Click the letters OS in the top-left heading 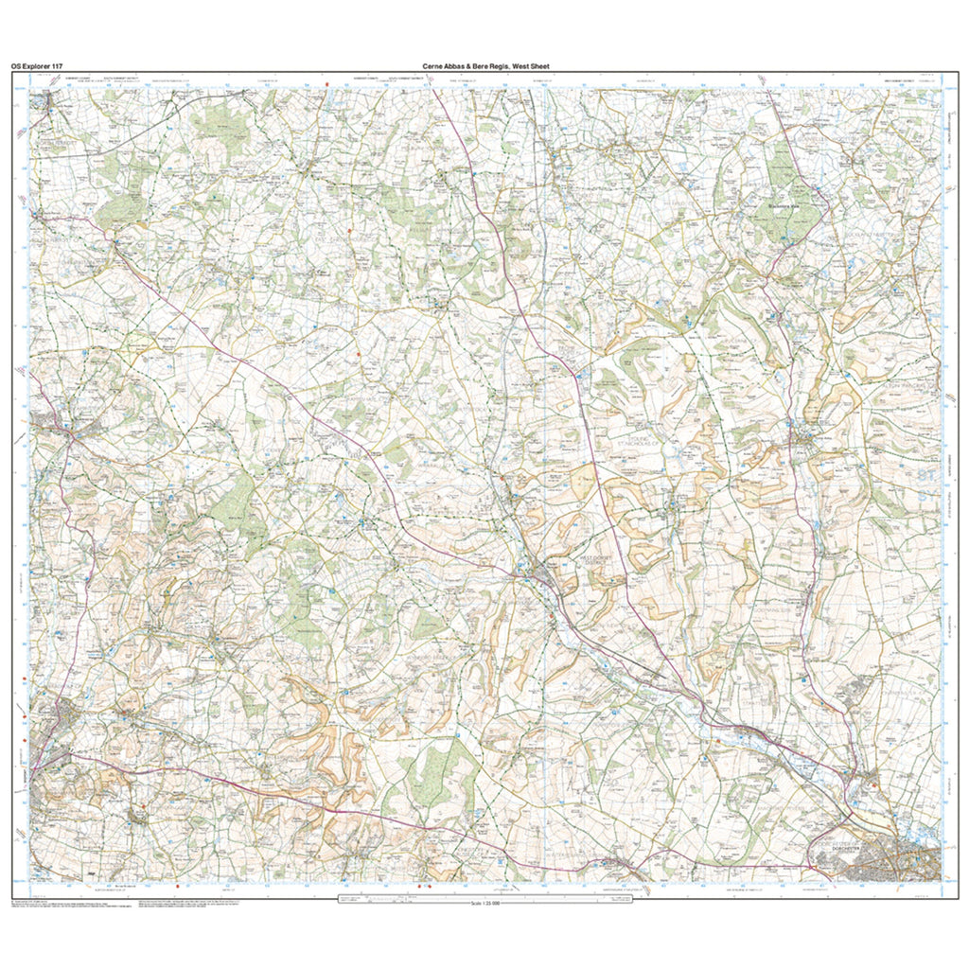point(16,66)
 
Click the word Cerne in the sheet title point(435,66)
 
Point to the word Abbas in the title point(461,66)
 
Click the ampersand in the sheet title point(478,66)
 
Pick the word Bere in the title point(491,66)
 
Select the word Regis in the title point(512,66)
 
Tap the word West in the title point(535,66)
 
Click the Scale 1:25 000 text point(484,904)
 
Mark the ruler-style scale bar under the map point(484,896)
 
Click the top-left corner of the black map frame point(12,73)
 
